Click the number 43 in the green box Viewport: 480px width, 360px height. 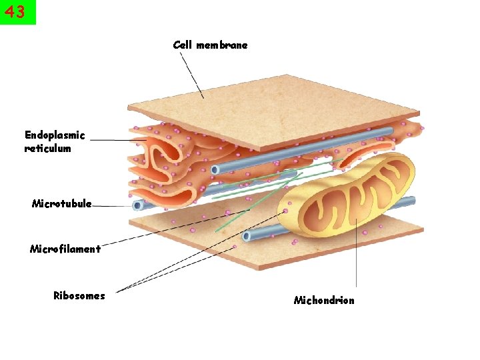click(x=17, y=12)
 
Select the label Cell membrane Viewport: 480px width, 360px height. click(x=210, y=45)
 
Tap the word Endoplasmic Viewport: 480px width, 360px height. click(x=55, y=135)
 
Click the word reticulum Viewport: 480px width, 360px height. click(x=47, y=149)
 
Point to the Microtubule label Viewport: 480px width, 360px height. click(x=61, y=203)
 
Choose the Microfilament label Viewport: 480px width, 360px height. click(x=65, y=249)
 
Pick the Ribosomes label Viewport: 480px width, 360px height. click(x=79, y=296)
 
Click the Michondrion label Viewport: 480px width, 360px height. click(x=324, y=301)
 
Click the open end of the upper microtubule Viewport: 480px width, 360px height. click(x=215, y=169)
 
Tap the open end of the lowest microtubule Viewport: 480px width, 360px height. click(x=247, y=235)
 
